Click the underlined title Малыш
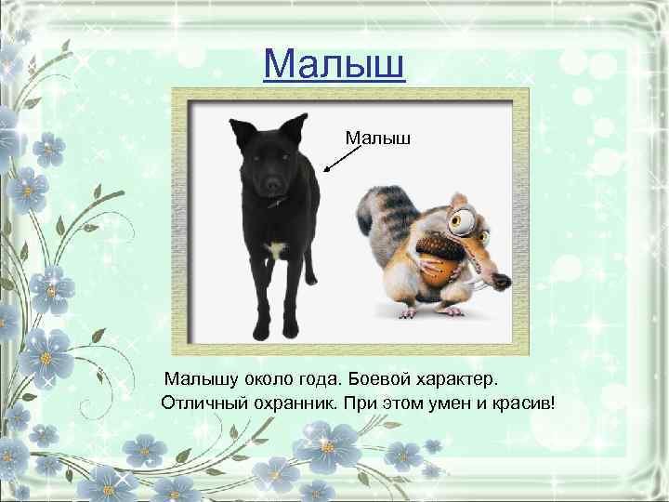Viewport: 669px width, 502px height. pos(334,64)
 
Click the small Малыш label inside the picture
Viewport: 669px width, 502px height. pos(378,139)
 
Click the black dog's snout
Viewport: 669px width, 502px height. pos(272,185)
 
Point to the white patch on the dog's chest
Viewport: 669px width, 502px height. pos(276,249)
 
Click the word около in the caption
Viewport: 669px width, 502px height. pos(265,380)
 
